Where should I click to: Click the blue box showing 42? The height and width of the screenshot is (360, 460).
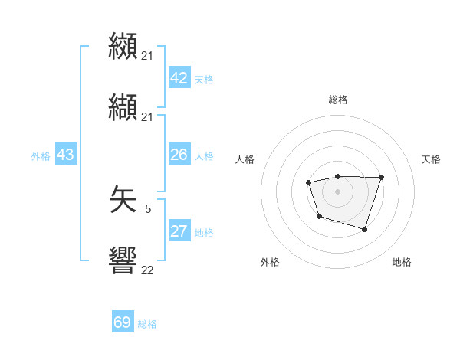point(179,78)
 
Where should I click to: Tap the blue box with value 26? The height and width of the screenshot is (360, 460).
point(179,155)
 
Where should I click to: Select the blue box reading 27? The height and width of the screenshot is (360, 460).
point(179,231)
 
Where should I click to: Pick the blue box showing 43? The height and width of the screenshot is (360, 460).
point(66,155)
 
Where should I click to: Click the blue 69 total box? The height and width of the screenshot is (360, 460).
point(123,322)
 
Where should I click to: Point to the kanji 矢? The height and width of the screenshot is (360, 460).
point(123,201)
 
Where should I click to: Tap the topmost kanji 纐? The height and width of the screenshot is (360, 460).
point(123,46)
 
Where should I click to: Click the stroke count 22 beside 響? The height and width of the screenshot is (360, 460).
point(148,269)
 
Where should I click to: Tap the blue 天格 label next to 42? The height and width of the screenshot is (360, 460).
point(204,80)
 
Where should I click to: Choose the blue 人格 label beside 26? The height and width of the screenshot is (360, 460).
point(204,156)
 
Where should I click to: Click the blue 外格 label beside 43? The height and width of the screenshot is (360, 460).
point(41,156)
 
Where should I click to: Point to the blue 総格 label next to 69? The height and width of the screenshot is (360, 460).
point(147,324)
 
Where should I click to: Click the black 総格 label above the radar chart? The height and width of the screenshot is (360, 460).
point(337,100)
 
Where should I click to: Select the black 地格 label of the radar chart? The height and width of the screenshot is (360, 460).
point(402,262)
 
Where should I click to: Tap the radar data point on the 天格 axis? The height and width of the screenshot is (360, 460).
point(381,177)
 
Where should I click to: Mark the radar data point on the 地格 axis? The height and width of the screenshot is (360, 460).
point(365,229)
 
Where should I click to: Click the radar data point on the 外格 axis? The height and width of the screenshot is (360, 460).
point(319,217)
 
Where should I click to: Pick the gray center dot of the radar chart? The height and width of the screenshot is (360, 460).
point(337,191)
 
